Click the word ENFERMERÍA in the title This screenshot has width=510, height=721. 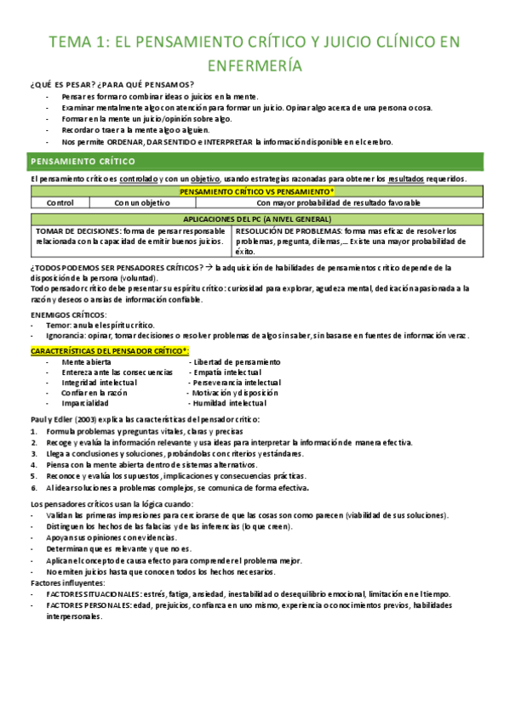pyautogui.click(x=255, y=65)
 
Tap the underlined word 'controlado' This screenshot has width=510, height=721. pyautogui.click(x=140, y=179)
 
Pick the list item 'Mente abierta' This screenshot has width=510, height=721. pyautogui.click(x=86, y=363)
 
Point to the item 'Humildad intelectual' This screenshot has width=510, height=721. pyautogui.click(x=229, y=404)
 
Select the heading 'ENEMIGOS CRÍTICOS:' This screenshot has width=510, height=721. pyautogui.click(x=66, y=315)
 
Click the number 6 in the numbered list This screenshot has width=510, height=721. pyautogui.click(x=32, y=488)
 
